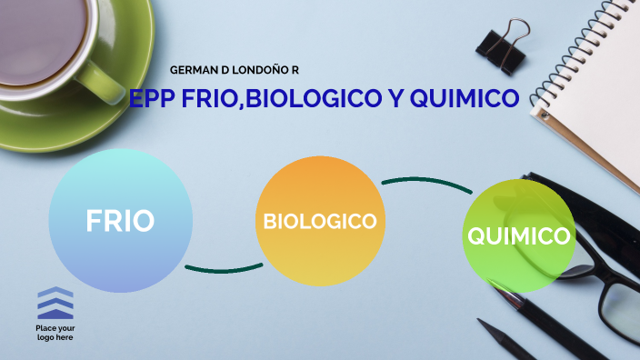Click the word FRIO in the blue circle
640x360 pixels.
(x=120, y=221)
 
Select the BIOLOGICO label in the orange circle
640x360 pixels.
(x=319, y=221)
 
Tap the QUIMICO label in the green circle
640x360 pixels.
(x=519, y=236)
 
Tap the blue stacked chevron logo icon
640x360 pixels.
(x=55, y=303)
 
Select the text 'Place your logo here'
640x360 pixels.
(x=55, y=332)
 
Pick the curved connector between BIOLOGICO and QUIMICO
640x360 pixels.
(x=425, y=183)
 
